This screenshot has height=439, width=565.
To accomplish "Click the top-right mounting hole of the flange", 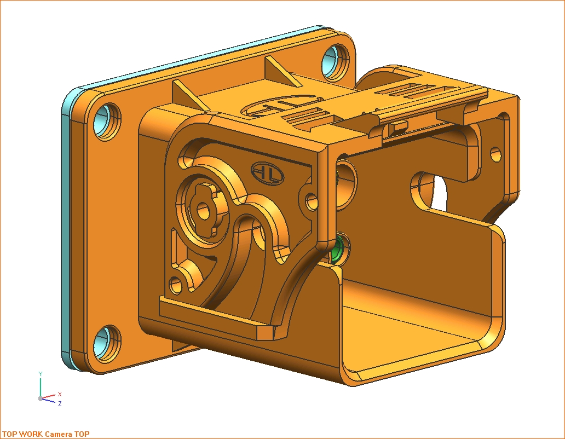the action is click(x=335, y=61).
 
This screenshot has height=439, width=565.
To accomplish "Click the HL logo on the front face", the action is click(x=267, y=173).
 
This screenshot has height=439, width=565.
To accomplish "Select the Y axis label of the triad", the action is click(x=41, y=374).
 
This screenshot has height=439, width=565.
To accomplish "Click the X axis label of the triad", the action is click(x=60, y=394).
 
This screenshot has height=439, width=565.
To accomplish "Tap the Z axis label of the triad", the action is click(x=60, y=404).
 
